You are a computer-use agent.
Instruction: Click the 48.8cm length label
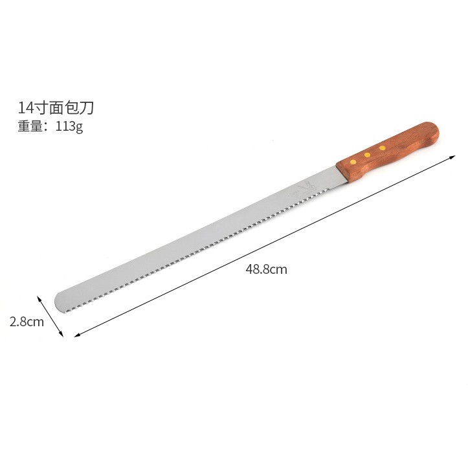(266, 269)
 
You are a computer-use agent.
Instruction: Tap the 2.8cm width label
(27, 322)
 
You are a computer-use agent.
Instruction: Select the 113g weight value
(69, 126)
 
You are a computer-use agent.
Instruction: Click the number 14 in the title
(27, 107)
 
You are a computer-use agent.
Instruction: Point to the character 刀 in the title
(87, 107)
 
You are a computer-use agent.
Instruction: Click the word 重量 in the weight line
(30, 126)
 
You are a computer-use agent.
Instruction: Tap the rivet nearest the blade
(353, 162)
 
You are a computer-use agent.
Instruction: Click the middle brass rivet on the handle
(368, 155)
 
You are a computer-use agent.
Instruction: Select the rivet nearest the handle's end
(383, 148)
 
